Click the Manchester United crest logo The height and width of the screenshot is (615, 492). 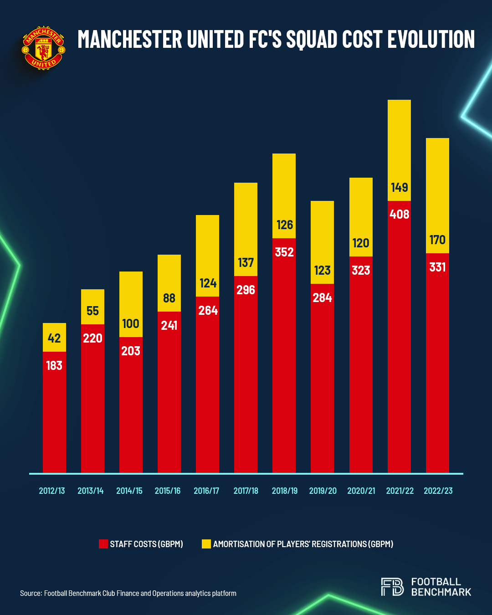click(x=44, y=48)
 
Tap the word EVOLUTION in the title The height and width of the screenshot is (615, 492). click(x=431, y=39)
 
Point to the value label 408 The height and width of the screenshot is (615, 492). click(x=399, y=214)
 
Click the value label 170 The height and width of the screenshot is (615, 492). click(x=437, y=240)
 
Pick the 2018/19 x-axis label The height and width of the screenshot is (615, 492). click(x=284, y=491)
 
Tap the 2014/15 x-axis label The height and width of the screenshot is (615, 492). click(x=129, y=491)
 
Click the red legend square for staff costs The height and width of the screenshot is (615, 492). click(x=103, y=544)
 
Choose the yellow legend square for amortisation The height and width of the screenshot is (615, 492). click(x=206, y=544)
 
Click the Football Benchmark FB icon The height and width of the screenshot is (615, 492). click(x=392, y=587)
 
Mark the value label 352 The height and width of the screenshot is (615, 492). click(x=284, y=252)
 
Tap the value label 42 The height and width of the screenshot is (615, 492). click(x=54, y=338)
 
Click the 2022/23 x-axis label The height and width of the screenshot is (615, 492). click(x=438, y=491)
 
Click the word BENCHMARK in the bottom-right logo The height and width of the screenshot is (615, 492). click(x=441, y=592)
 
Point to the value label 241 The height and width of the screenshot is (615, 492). click(x=169, y=325)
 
